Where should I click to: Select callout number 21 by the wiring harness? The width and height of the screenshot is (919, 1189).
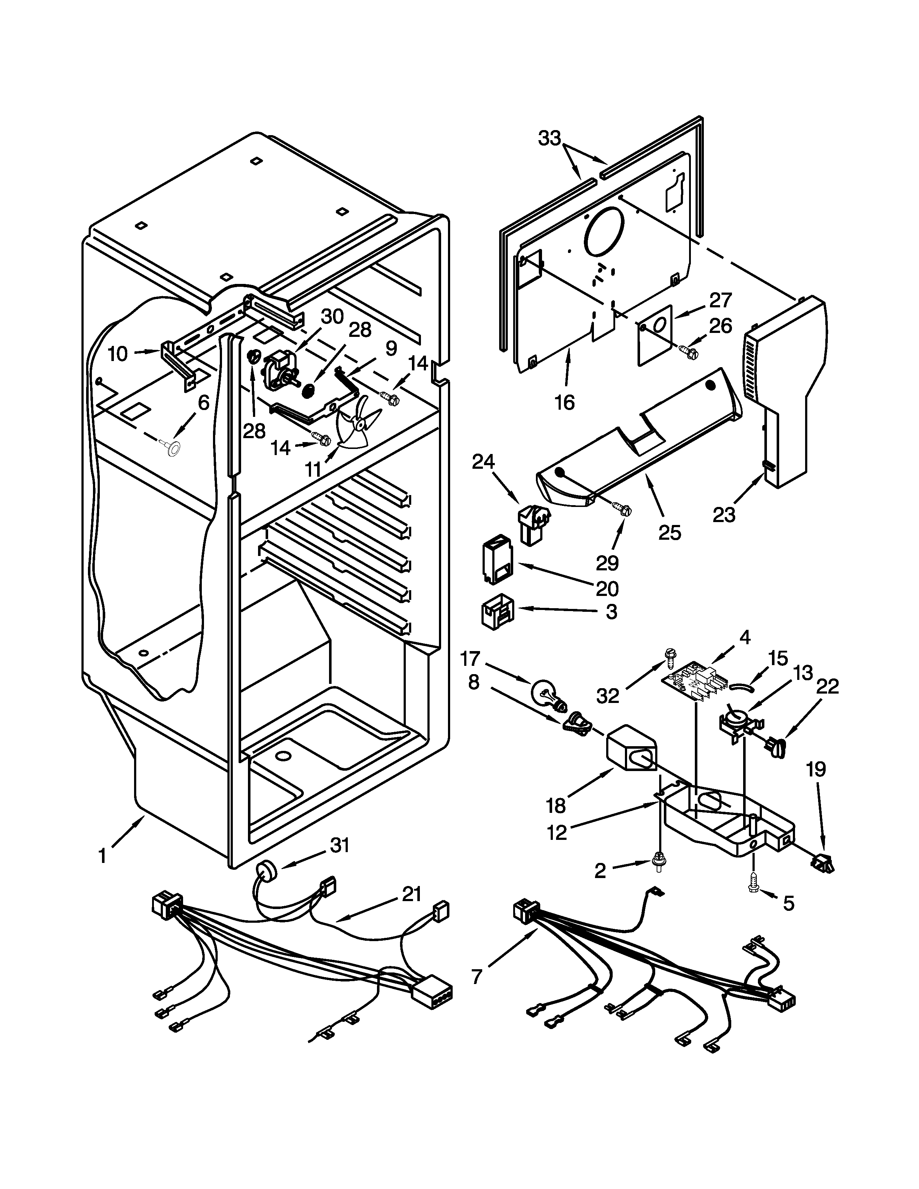pos(411,894)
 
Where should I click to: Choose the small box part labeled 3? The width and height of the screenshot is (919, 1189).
pos(497,614)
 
